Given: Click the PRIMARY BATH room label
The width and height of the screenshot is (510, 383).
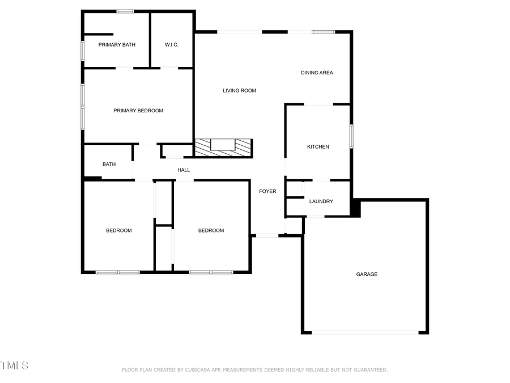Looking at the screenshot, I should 117,45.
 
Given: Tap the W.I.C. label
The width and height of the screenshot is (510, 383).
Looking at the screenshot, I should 172,45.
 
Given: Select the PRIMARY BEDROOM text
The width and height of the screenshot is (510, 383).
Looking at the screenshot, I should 138,111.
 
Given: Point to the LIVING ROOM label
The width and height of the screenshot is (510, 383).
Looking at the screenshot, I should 239,91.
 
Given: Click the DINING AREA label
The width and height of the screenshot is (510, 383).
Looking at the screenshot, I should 317,73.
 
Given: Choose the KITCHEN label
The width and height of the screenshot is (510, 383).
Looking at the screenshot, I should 318,147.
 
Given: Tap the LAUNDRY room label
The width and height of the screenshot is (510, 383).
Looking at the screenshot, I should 321,201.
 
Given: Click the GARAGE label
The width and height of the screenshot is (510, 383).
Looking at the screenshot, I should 367,275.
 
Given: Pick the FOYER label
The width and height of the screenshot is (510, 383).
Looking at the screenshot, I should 267,191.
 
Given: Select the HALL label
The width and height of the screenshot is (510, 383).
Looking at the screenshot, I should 184,170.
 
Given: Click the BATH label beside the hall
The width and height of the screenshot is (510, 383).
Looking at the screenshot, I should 109,165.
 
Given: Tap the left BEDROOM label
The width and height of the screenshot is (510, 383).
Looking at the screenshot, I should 119,230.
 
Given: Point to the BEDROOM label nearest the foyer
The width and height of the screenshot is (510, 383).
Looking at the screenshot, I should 211,230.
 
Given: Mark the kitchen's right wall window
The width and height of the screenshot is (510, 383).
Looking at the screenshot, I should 351,136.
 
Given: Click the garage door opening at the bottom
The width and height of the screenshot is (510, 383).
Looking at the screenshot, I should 365,332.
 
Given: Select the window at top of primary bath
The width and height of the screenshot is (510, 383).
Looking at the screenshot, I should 125,11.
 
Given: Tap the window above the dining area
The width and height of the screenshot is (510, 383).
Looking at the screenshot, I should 323,32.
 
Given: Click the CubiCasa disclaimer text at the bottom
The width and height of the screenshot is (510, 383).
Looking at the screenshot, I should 255,370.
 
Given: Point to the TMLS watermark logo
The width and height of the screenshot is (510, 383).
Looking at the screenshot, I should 14,365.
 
